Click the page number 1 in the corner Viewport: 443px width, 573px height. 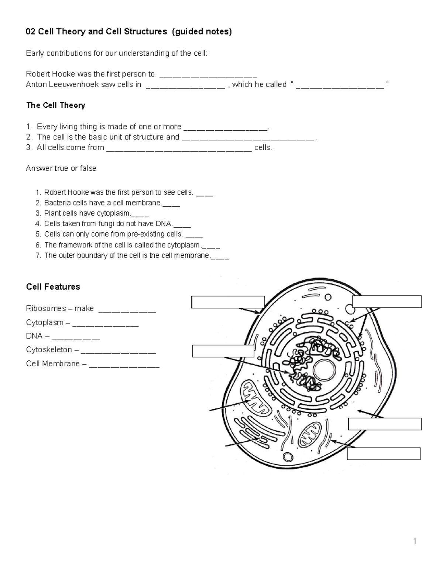(415, 541)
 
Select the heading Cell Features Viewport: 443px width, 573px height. (53, 287)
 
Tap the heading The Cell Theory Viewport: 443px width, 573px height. (55, 105)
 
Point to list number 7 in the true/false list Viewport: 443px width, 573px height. (38, 255)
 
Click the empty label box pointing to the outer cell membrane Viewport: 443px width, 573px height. (228, 302)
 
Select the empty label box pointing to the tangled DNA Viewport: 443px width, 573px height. (223, 351)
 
